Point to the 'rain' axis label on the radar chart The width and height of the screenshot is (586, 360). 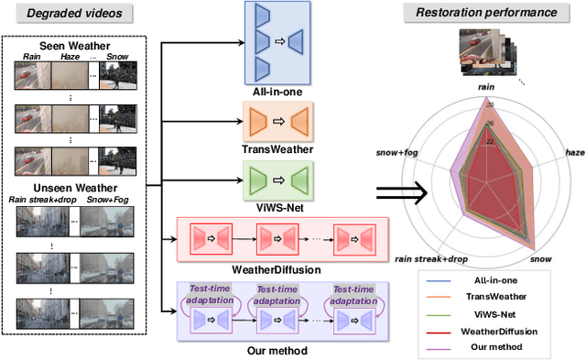pos(487,88)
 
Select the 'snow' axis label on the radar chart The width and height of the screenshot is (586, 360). pos(542,257)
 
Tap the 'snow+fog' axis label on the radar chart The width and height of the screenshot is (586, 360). pos(397,152)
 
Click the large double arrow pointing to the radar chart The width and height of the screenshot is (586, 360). pos(403,192)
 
